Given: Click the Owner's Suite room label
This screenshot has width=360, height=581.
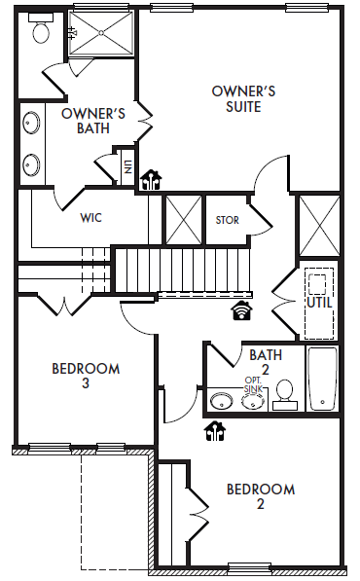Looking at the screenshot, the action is (x=243, y=99).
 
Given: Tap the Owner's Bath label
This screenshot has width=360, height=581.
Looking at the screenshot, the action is (x=93, y=121).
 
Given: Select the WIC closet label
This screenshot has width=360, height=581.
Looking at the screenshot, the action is (x=90, y=217).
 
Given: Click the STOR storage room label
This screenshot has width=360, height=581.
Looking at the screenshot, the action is (x=227, y=220).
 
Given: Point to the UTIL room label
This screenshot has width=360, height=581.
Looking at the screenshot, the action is (x=319, y=303).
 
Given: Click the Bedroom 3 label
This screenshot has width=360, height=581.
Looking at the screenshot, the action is (x=86, y=376).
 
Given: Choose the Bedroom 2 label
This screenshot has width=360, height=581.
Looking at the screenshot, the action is (x=261, y=496).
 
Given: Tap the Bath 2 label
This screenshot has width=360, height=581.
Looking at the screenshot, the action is (x=266, y=362).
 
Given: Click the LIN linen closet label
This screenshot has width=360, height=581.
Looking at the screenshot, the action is (x=127, y=166).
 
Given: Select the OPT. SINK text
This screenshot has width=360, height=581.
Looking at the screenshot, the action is (x=253, y=384).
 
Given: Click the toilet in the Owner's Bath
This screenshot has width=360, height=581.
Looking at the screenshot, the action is (x=41, y=28).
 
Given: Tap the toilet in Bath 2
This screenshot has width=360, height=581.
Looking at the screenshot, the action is (x=285, y=395).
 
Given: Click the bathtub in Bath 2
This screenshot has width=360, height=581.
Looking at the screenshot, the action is (x=323, y=379).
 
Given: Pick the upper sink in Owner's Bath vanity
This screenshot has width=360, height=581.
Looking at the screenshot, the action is (x=31, y=123).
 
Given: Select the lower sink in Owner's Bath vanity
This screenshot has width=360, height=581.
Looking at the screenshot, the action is (x=31, y=163).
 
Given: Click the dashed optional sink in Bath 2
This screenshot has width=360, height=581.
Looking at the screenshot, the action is (x=253, y=402).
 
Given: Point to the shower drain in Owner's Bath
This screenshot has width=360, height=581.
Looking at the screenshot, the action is (x=101, y=33).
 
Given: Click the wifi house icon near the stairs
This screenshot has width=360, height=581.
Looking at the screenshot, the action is (x=241, y=309).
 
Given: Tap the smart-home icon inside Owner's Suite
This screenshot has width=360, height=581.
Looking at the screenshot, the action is (x=151, y=180).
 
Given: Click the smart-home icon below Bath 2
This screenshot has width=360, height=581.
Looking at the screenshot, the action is (x=215, y=431).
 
